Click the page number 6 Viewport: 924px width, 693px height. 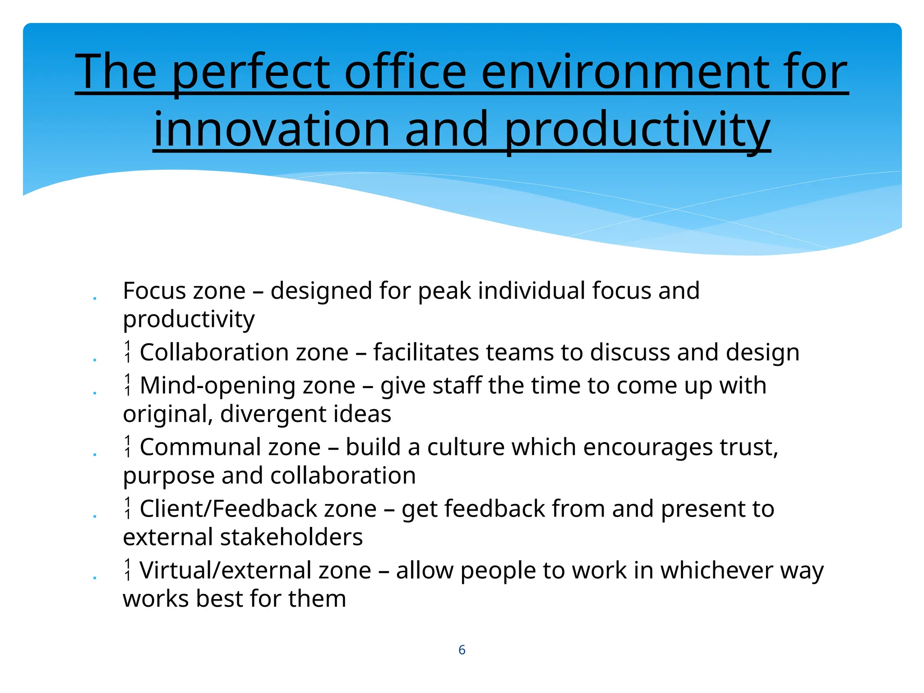(462, 650)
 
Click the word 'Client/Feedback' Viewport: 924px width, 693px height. (258, 509)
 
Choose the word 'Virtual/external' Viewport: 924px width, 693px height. (255, 570)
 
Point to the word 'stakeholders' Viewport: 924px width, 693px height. (291, 537)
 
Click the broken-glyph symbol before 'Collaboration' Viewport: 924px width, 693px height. (128, 352)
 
